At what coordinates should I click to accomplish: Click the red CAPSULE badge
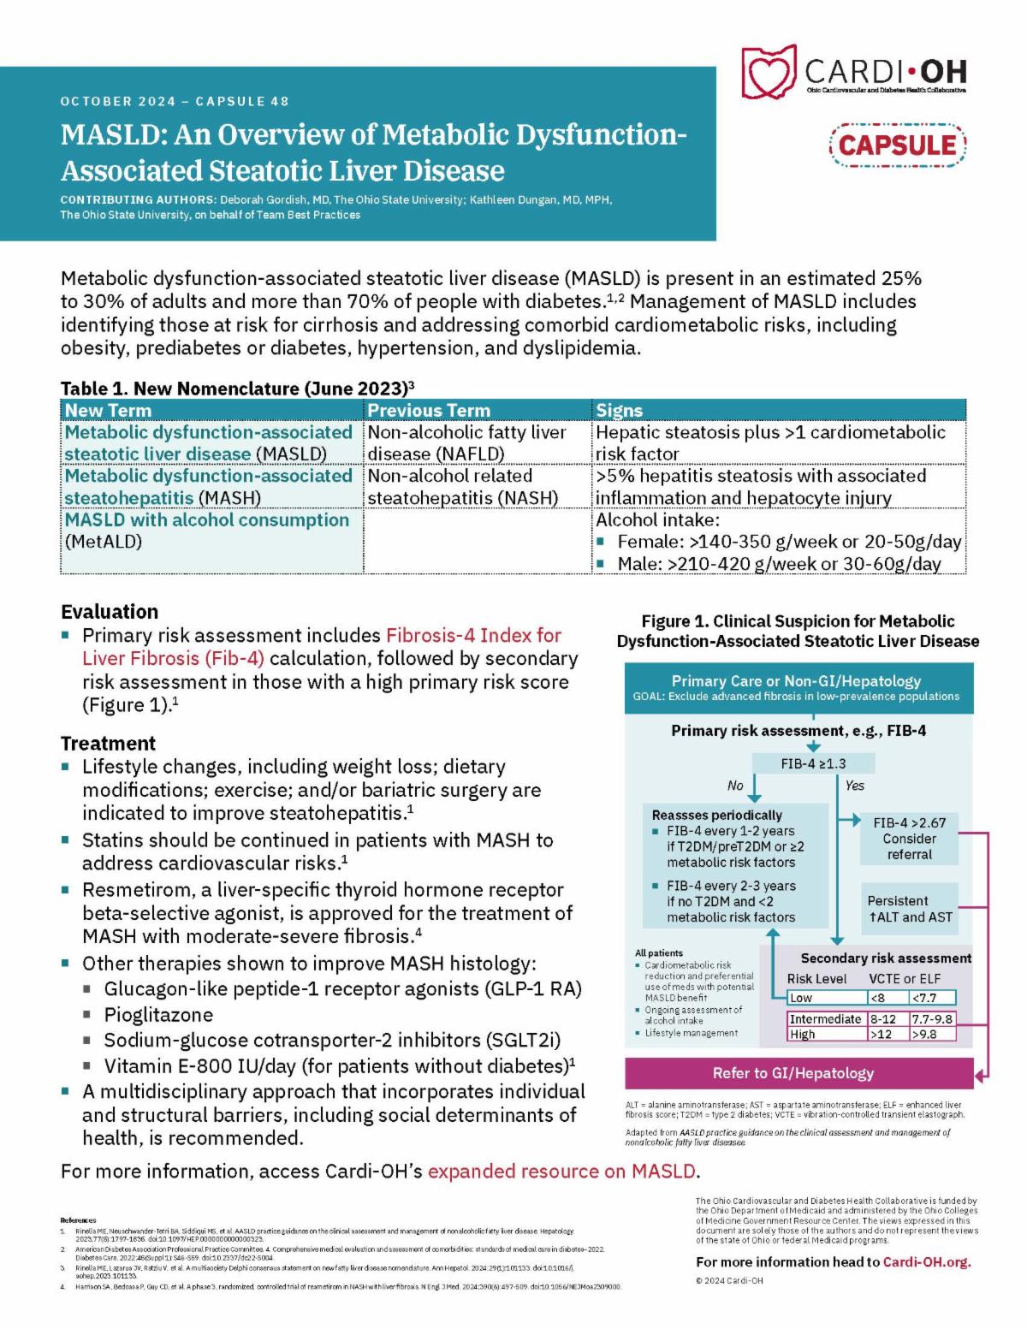[x=897, y=144]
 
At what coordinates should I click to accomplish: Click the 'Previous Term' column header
[x=429, y=410]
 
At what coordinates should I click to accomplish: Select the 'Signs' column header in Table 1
[x=619, y=410]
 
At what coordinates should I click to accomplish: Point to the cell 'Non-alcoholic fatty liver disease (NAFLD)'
[x=466, y=442]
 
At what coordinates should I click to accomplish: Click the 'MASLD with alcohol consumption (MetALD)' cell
[x=207, y=531]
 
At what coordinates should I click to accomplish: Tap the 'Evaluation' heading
[x=110, y=612]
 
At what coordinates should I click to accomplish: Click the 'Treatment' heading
[x=109, y=743]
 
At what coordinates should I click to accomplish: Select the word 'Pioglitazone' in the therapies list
[x=158, y=1015]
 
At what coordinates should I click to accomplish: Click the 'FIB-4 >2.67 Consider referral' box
[x=910, y=838]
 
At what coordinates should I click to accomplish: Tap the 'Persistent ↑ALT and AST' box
[x=910, y=909]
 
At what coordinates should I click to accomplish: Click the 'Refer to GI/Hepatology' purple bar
[x=793, y=1073]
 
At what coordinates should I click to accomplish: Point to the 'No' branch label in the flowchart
[x=735, y=785]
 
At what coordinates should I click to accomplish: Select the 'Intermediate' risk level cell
[x=825, y=1019]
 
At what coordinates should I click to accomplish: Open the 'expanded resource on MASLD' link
[x=562, y=1171]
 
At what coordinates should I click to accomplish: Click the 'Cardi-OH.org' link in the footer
[x=927, y=1261]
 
